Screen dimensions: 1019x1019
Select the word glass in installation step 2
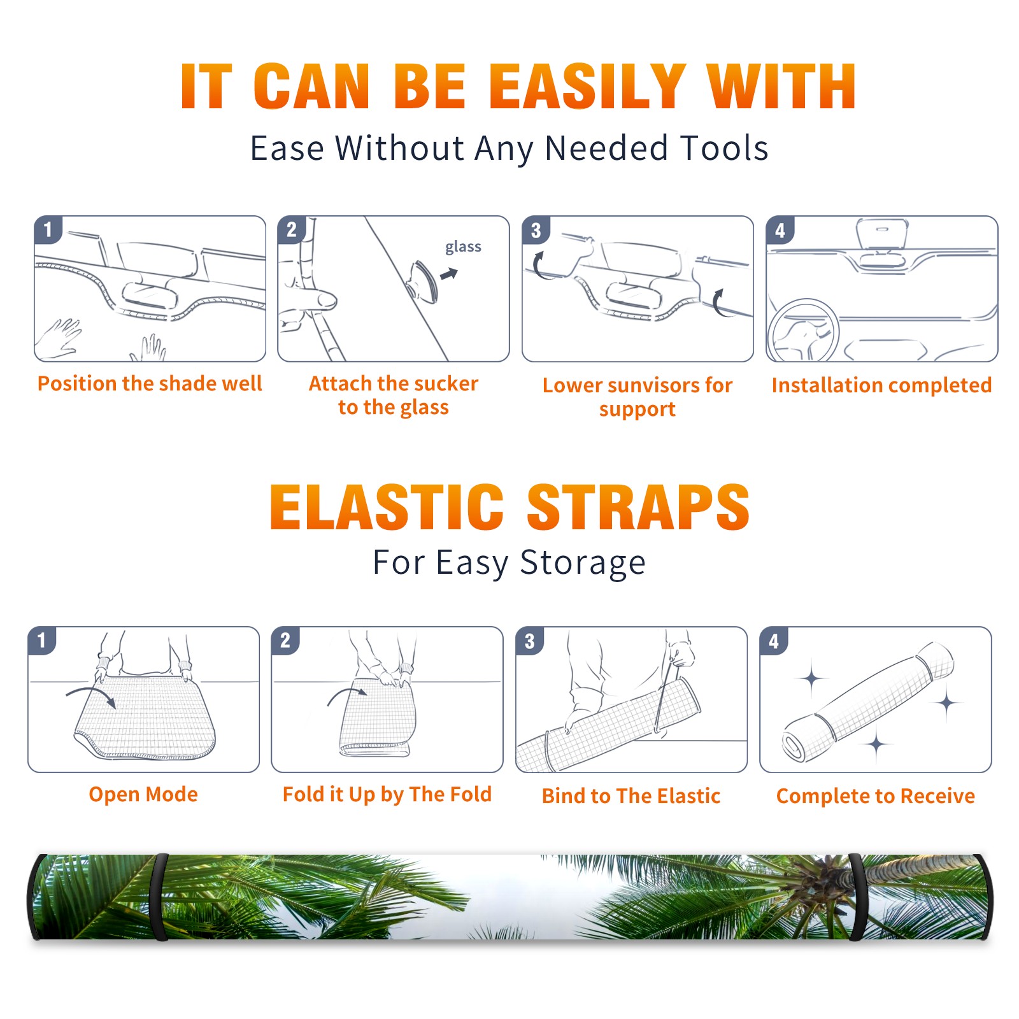463,247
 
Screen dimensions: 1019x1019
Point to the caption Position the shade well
150,383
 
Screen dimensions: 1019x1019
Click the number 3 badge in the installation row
536,230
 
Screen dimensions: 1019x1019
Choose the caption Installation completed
881,385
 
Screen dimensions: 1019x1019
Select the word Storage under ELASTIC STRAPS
583,563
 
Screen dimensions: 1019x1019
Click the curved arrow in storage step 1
91,695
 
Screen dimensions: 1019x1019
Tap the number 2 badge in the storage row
285,640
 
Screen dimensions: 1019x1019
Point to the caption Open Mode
143,794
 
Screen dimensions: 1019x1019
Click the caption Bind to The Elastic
631,796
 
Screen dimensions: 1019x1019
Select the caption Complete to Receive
876,796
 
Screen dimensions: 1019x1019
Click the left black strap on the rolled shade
159,897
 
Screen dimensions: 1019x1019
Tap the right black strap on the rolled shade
857,897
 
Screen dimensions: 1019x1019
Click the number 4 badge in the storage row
774,640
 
